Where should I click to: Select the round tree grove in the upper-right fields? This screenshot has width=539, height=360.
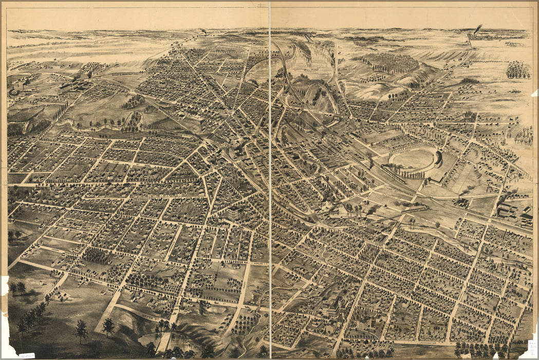(x=517, y=70)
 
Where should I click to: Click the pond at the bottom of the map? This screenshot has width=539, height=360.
(x=154, y=339)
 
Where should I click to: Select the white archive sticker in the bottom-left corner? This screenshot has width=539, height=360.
(x=25, y=355)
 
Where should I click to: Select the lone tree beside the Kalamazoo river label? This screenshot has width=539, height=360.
(x=437, y=225)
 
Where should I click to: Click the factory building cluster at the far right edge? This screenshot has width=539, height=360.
(x=514, y=213)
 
